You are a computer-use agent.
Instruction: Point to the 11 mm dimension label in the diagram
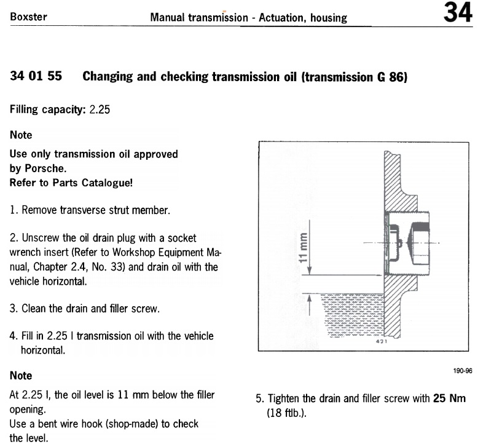tap(302, 247)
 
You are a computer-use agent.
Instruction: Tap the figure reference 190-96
tap(464, 371)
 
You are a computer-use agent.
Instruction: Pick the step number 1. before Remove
tap(14, 210)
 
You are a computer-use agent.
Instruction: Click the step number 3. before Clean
tap(14, 309)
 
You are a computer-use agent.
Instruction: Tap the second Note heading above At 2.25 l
tap(22, 375)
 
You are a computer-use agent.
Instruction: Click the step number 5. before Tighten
tap(260, 398)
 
